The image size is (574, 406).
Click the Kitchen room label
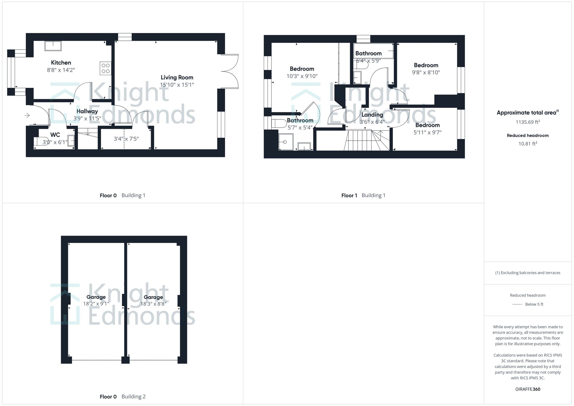[x=61, y=63]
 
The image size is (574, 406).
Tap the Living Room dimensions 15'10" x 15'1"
[x=177, y=85]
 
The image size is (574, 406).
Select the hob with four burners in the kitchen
[x=105, y=68]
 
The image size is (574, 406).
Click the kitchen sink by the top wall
[x=53, y=46]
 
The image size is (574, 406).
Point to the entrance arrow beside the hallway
[x=27, y=115]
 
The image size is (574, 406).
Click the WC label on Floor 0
[x=55, y=135]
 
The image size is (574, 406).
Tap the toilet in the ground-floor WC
[x=41, y=141]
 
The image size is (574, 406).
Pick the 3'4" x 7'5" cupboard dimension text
[x=126, y=139]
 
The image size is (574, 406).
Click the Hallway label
[x=87, y=111]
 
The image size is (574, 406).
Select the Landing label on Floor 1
[x=372, y=115]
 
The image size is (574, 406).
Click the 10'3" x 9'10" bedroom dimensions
[x=302, y=76]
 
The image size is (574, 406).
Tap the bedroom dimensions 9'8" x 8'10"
[x=426, y=72]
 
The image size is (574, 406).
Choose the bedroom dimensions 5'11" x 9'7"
[x=427, y=132]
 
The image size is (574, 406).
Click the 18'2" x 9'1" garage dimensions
[x=96, y=304]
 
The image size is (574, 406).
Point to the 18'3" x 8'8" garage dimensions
[x=153, y=304]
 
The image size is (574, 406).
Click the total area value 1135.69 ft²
[x=528, y=122]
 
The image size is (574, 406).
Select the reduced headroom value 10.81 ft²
[x=528, y=144]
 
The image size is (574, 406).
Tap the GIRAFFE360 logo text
[x=528, y=389]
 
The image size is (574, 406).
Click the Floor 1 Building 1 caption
[x=363, y=195]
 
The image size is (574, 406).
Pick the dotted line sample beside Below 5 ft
[x=517, y=304]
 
